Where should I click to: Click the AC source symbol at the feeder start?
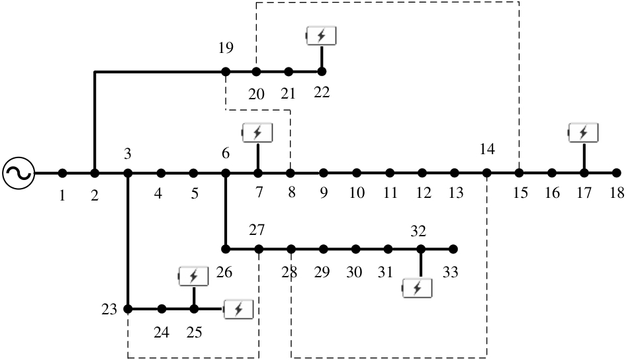[x=19, y=173]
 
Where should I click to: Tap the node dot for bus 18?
[x=617, y=173]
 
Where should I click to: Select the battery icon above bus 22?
[x=321, y=36]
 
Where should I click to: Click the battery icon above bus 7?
[x=257, y=132]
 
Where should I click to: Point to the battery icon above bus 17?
[x=583, y=132]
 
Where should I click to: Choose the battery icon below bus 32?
[x=417, y=288]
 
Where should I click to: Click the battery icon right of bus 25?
[x=238, y=309]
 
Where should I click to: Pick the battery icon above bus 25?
[x=193, y=276]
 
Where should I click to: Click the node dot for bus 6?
[x=226, y=173]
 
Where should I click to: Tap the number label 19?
[x=226, y=48]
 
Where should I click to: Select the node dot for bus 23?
[x=128, y=309]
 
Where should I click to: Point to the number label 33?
[x=450, y=271]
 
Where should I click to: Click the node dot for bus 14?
[x=486, y=173]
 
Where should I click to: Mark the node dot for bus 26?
[x=226, y=249]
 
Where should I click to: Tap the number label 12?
[x=423, y=193]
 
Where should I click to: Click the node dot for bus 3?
[x=128, y=173]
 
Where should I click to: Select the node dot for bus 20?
[x=256, y=72]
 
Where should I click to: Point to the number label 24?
[x=161, y=332]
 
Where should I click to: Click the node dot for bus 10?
[x=357, y=173]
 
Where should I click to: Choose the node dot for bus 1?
[x=62, y=173]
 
